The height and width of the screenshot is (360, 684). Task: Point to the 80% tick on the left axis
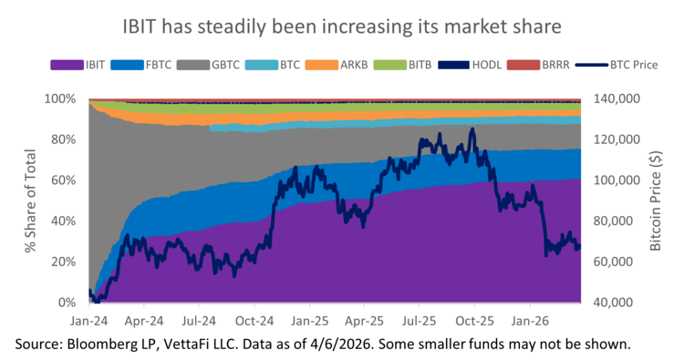pyautogui.click(x=63, y=139)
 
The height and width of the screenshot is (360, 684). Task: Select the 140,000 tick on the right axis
pyautogui.click(x=618, y=98)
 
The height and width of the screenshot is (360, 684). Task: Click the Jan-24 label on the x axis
pyautogui.click(x=88, y=321)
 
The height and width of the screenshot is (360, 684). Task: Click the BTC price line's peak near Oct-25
pyautogui.click(x=472, y=129)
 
